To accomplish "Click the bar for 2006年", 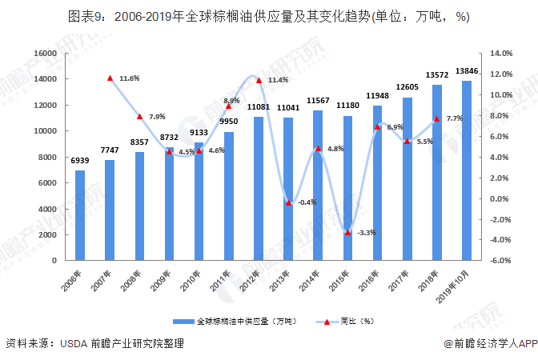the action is click(x=80, y=215).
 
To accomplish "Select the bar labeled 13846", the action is click(x=467, y=170).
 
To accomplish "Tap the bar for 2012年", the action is click(x=259, y=189).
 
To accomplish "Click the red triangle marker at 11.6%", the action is click(x=110, y=78).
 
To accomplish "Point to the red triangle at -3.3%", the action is click(x=347, y=233).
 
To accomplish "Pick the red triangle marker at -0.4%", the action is click(x=288, y=203).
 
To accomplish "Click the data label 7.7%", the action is click(x=454, y=118).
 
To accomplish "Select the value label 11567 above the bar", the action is click(x=318, y=101).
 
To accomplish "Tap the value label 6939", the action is click(x=80, y=161).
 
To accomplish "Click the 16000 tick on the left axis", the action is click(x=45, y=53).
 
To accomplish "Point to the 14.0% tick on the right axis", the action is click(x=501, y=53).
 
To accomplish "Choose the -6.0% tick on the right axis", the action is click(x=500, y=260).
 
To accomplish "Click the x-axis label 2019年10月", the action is click(x=452, y=286).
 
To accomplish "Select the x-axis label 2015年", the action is click(x=339, y=281).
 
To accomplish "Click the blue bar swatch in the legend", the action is click(x=183, y=322).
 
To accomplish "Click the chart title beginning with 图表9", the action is click(x=269, y=17).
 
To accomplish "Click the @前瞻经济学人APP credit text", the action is click(x=491, y=343).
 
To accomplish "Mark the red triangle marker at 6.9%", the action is click(x=377, y=127).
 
